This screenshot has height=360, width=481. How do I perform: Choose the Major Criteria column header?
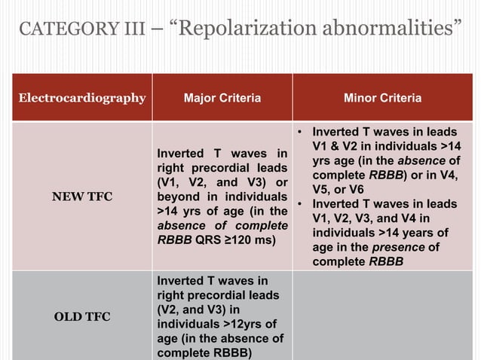click(x=222, y=98)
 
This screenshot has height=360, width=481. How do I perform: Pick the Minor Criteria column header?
click(x=382, y=98)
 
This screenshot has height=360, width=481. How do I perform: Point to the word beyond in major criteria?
click(x=177, y=197)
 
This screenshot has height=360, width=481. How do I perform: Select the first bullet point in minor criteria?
click(x=300, y=132)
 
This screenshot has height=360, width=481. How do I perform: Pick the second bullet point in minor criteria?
click(x=300, y=204)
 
